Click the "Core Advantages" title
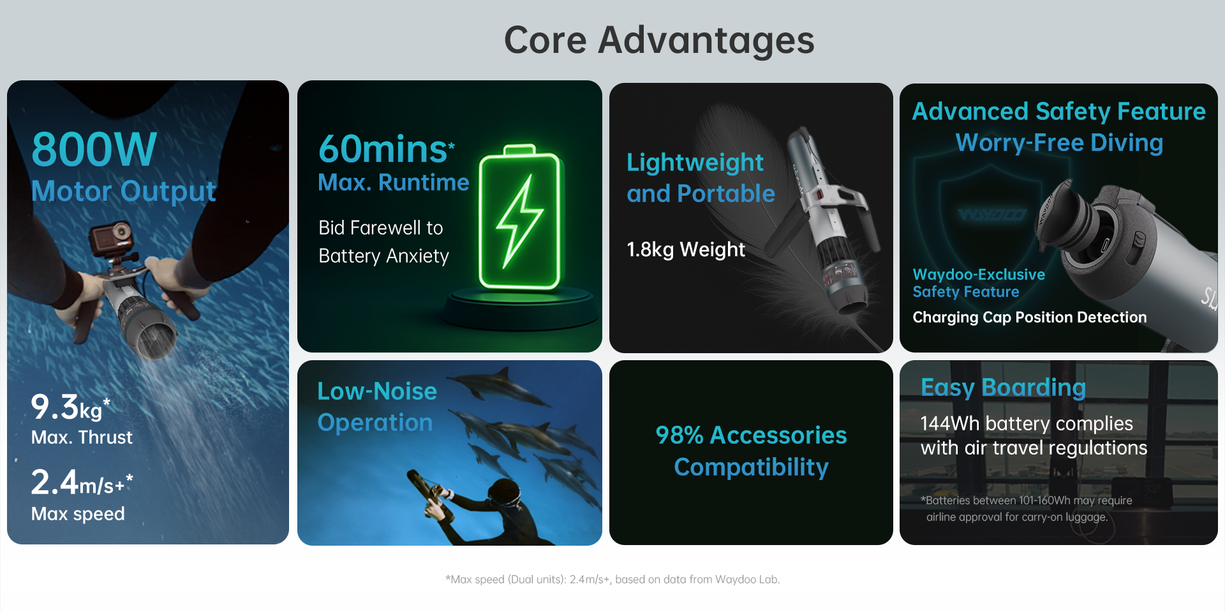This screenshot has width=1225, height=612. click(x=659, y=40)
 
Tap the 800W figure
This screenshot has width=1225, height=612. click(x=94, y=149)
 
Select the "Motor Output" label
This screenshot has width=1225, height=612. click(x=124, y=191)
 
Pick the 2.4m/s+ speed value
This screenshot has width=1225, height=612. click(x=82, y=483)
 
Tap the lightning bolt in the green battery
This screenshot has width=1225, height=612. click(x=519, y=221)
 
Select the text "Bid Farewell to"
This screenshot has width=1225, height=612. click(x=381, y=228)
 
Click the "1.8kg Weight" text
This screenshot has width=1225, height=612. click(x=686, y=249)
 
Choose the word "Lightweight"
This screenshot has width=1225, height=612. click(x=695, y=163)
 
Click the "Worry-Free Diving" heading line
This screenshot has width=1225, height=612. click(x=1059, y=143)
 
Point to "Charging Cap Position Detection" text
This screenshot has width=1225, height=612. click(x=1030, y=317)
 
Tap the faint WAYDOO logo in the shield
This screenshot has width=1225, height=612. click(x=991, y=215)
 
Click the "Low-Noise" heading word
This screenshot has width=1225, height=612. click(x=377, y=391)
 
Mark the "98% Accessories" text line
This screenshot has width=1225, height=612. click(x=751, y=435)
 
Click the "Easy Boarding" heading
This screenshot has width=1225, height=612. click(x=1003, y=388)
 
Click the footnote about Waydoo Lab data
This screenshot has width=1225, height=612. click(x=612, y=579)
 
